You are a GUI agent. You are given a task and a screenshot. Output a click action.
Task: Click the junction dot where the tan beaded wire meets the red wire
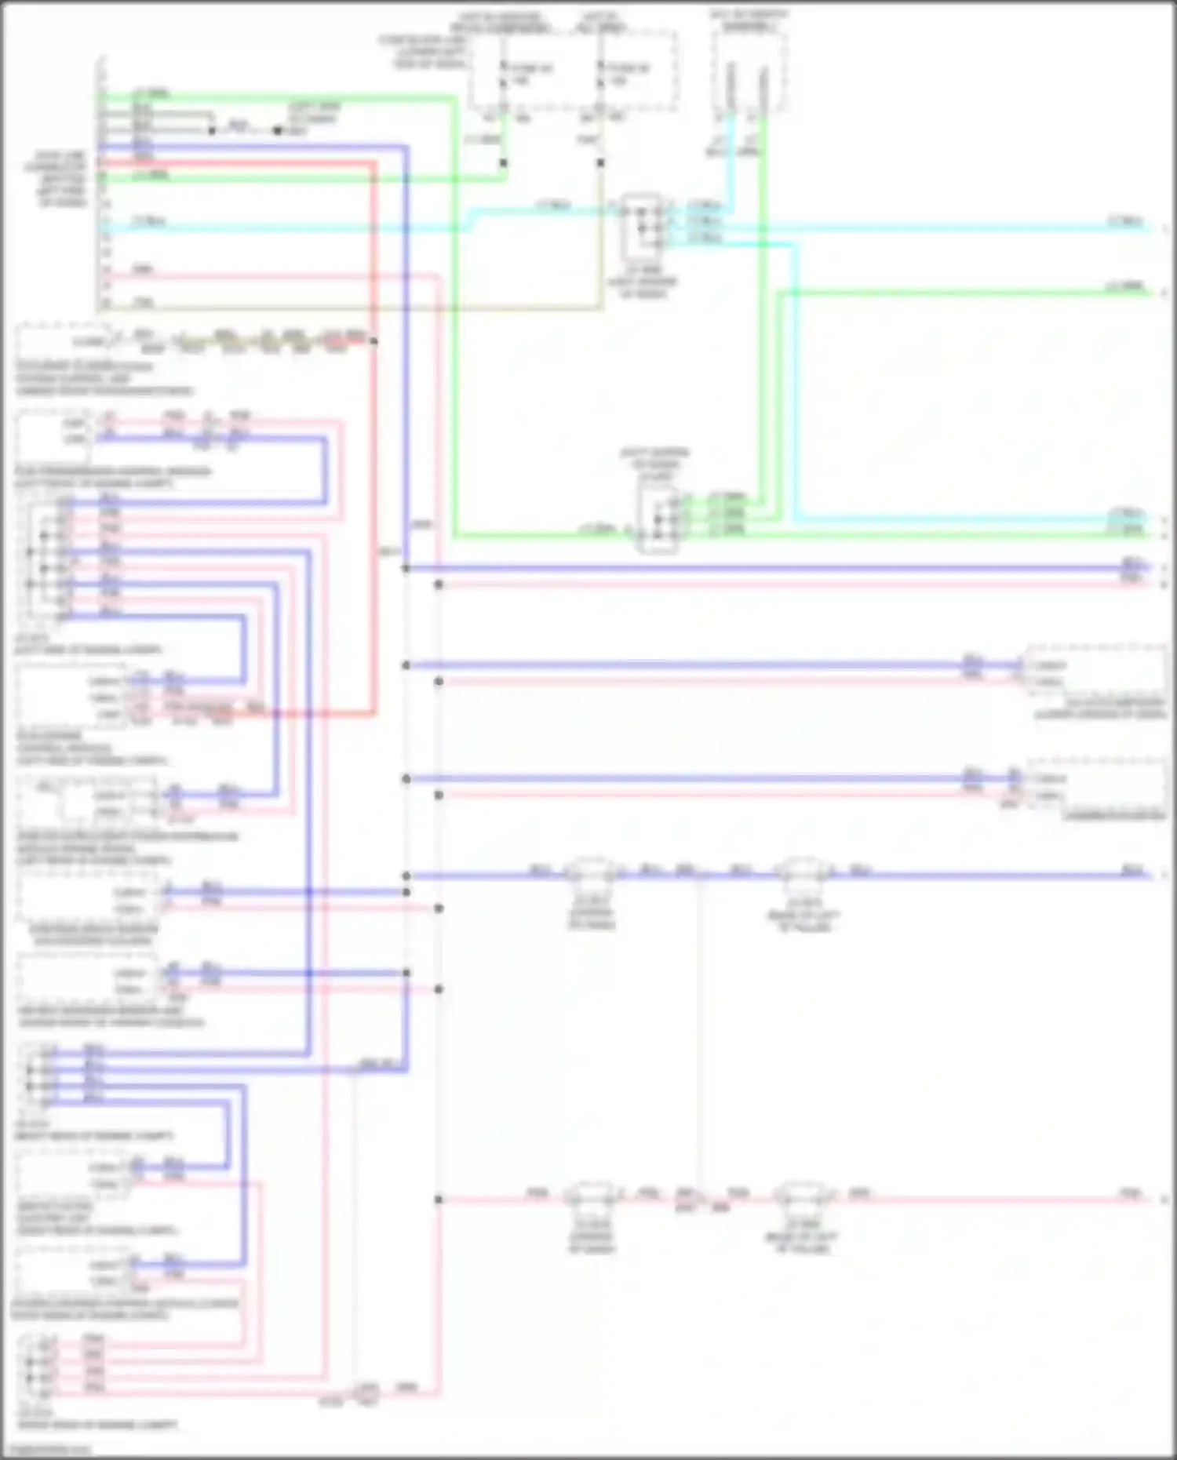click(374, 341)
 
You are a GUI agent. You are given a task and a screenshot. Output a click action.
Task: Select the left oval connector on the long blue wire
click(592, 871)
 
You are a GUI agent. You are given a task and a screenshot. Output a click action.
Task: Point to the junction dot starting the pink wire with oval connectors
click(439, 1200)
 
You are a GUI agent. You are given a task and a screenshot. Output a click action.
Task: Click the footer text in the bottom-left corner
click(51, 1450)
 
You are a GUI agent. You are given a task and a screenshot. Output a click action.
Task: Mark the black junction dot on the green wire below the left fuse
click(503, 163)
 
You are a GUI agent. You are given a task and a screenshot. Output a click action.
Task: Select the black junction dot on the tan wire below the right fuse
click(600, 163)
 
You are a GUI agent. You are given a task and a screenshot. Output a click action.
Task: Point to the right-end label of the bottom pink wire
click(1131, 1194)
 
